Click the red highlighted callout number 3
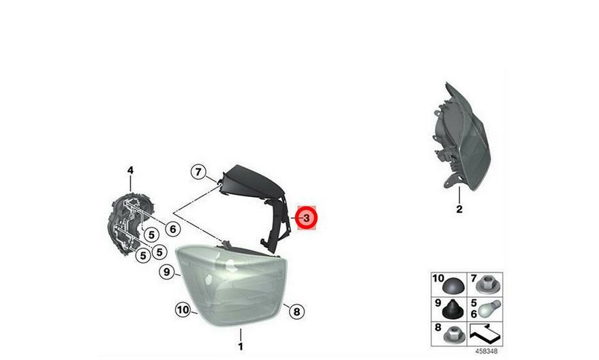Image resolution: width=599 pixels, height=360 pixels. pos(307,217)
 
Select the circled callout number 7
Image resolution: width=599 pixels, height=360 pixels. pos(198,172)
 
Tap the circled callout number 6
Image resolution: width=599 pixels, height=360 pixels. pos(173,229)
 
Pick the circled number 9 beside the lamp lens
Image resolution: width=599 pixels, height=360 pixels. pos(166,272)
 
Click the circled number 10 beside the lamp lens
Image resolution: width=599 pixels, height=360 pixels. pos(183,310)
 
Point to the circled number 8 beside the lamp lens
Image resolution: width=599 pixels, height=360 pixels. pos(296,312)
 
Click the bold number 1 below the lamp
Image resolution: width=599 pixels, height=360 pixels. pos(241,346)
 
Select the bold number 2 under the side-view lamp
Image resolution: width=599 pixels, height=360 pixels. pos(459,209)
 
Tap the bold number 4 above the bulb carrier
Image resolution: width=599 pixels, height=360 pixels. pos(130,170)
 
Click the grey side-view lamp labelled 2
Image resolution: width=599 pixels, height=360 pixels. pos(461,138)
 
